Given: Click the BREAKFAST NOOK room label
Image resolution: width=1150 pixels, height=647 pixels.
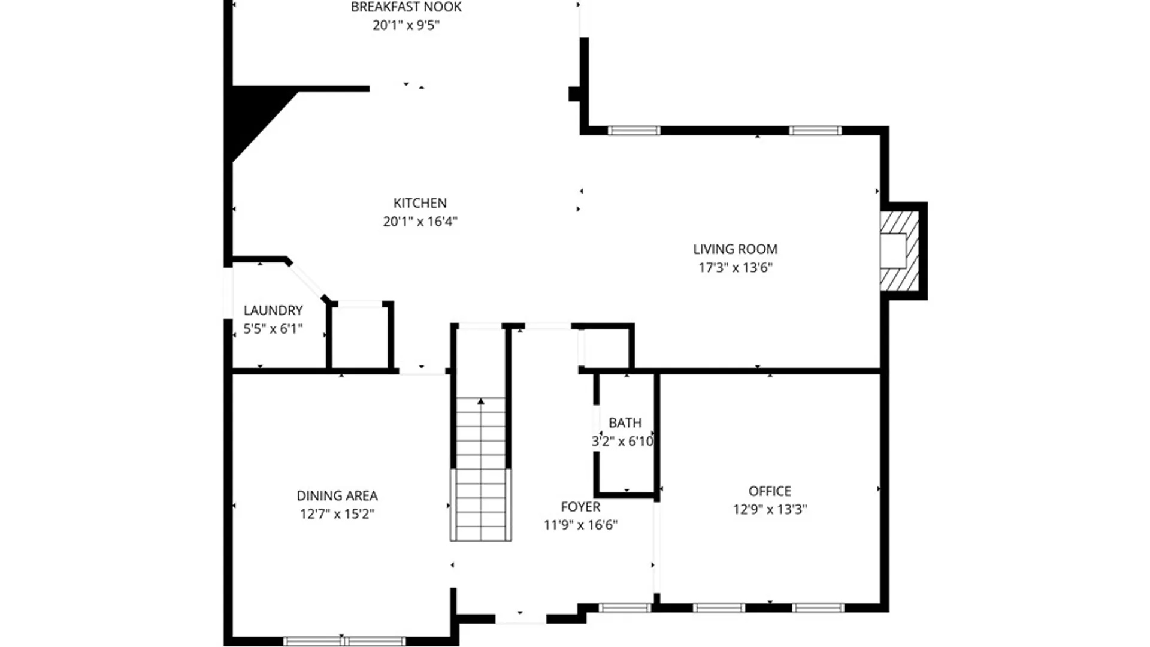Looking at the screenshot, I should (x=406, y=7).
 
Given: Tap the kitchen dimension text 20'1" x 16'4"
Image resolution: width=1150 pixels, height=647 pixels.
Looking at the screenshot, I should (x=420, y=222).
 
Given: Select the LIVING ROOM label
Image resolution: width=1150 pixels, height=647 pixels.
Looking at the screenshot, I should (x=736, y=249).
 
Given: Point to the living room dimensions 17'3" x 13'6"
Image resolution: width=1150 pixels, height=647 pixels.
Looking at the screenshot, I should (x=736, y=267).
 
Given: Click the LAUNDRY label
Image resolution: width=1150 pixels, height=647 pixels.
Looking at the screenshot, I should (x=273, y=310).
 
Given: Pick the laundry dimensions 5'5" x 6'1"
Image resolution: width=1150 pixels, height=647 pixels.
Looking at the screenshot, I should (x=273, y=328).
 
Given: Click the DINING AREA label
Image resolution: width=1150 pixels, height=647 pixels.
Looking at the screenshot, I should (x=337, y=496).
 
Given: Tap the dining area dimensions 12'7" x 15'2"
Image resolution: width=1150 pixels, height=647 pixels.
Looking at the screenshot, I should (x=337, y=514).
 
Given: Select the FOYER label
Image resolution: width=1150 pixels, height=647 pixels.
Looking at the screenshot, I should (x=580, y=507).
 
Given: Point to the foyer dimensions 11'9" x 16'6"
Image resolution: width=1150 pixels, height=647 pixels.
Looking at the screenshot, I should (x=580, y=525).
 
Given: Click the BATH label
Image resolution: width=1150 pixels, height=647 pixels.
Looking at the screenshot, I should (x=625, y=423).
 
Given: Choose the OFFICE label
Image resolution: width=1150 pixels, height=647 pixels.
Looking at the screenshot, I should (x=770, y=491).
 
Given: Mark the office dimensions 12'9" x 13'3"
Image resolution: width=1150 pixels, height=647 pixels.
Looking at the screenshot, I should (x=770, y=509).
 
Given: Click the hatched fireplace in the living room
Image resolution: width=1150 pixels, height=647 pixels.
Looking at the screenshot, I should (x=900, y=251).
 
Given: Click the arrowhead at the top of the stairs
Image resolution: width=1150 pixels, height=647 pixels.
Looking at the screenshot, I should (x=481, y=401).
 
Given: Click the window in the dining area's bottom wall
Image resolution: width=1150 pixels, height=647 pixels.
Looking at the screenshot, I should (x=344, y=641).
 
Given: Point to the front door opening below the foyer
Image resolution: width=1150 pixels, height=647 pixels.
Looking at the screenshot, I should (x=520, y=618).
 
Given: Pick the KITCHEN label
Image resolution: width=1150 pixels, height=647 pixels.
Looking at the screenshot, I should (x=420, y=203).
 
